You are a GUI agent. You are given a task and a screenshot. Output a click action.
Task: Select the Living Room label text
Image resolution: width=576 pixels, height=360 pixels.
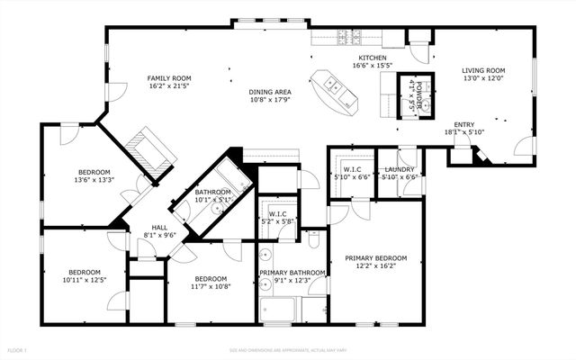[483, 70]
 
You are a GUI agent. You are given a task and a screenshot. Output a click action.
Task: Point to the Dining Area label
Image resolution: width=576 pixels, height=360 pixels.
[270, 92]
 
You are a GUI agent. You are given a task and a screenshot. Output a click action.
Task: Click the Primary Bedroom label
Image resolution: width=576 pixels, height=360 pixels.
[376, 258]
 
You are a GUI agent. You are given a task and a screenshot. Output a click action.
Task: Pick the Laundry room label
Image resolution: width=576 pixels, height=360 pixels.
[399, 169]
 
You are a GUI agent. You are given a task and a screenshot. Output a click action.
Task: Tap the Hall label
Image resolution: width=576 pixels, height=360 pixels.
[159, 227]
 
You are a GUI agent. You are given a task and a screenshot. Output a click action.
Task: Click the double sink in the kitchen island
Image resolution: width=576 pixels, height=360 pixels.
[332, 86]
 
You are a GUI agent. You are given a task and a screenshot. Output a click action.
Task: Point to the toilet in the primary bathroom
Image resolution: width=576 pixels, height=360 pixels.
[313, 241]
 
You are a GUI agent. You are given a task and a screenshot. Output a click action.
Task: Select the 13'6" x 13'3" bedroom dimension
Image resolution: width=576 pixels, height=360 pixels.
[94, 180]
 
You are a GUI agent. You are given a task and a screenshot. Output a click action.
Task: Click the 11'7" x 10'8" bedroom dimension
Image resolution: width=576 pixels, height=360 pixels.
[211, 287]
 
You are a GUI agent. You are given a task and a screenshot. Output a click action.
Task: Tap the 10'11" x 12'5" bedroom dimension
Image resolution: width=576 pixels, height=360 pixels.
[85, 281]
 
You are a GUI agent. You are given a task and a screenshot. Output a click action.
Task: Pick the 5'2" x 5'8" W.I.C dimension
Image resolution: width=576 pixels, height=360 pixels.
[278, 221]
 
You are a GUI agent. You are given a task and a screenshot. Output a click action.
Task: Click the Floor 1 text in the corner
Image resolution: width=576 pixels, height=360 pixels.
[18, 349]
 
